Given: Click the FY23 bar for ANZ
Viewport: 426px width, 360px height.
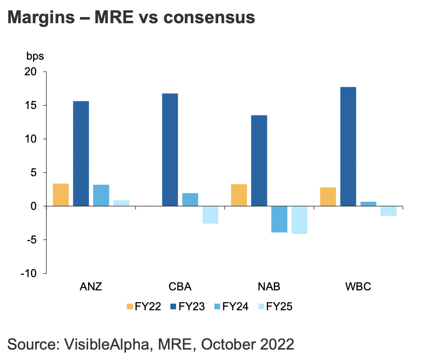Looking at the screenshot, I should pos(81,153).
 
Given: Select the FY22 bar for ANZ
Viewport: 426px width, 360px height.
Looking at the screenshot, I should pos(61,195).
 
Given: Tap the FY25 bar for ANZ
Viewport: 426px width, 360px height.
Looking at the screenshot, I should pos(121,203).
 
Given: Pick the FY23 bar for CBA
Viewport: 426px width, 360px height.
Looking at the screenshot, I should pos(170,150).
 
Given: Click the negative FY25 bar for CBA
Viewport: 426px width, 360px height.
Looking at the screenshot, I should pos(210,215).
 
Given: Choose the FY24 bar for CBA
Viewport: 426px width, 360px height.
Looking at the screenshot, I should pos(190,199).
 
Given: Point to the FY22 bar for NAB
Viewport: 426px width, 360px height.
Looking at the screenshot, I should pos(239,195).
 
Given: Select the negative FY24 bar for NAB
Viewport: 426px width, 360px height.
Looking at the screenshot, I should pos(279,219).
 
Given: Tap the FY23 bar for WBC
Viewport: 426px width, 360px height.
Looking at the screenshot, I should pos(348,146).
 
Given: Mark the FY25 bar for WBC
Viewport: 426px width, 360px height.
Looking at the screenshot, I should pos(388,211).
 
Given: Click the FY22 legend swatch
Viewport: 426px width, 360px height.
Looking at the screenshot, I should pos(130,306).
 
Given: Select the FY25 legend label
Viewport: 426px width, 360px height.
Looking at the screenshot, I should pos(279,306).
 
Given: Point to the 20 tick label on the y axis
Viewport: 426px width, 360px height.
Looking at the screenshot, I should pos(31,72).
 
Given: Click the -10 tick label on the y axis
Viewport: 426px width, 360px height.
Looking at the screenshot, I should pos(28,273).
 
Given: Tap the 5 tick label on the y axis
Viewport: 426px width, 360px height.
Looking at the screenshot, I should pos(33,172).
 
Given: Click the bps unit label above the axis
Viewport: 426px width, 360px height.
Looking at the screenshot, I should pos(35,56).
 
